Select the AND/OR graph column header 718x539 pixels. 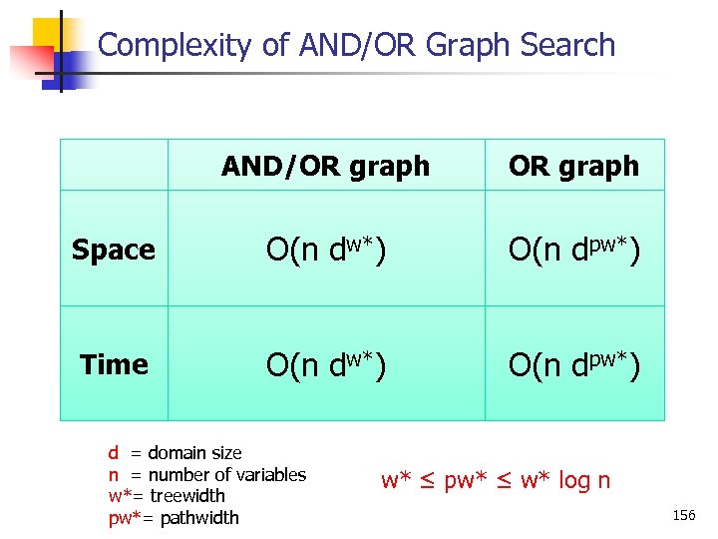pos(325,166)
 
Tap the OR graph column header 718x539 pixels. pos(573,166)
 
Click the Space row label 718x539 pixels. pos(114,250)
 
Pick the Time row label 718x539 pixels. pos(114,365)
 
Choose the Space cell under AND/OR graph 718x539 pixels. pos(325,250)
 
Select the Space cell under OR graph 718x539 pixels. pos(573,250)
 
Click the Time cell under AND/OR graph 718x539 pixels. pos(325,365)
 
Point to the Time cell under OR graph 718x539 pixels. pos(573,365)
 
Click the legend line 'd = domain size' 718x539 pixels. pos(175,453)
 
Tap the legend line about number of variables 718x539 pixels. pos(206,474)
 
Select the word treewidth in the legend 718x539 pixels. pos(187,495)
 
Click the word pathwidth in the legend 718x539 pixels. pos(199,517)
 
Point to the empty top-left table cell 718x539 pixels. pos(114,165)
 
